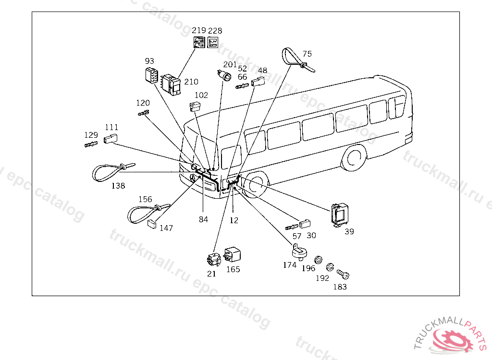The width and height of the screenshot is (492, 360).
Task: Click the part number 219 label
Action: [x=199, y=30]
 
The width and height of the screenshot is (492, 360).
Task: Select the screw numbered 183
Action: [x=343, y=275]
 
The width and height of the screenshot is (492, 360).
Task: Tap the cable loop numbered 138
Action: [x=110, y=171]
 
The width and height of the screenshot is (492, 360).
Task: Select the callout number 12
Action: [x=234, y=220]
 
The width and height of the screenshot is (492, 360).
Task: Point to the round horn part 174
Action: [x=300, y=251]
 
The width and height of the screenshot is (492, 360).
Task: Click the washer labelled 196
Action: [x=318, y=261]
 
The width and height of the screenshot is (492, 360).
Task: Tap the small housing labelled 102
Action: [x=196, y=107]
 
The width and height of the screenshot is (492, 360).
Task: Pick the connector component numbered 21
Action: [x=213, y=260]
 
